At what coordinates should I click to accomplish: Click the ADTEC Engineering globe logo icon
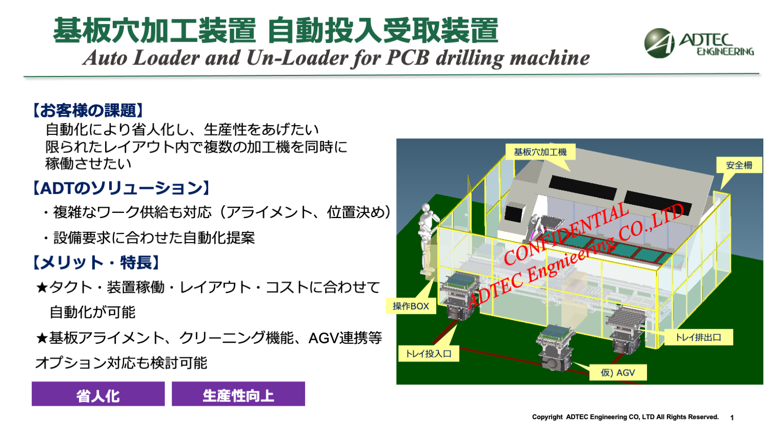tap(659, 43)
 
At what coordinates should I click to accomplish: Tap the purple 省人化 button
tap(98, 394)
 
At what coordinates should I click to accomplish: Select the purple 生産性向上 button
tap(238, 394)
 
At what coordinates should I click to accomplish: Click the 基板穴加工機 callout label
tap(540, 152)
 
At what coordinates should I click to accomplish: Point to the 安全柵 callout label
tap(739, 165)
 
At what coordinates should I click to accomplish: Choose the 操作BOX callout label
tap(411, 306)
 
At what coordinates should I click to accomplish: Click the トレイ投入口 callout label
tap(429, 353)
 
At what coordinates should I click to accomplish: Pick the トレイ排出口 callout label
tap(699, 337)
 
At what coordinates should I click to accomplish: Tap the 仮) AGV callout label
tap(618, 373)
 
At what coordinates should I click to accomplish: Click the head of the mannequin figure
tap(426, 208)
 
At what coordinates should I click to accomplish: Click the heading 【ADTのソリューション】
tap(121, 188)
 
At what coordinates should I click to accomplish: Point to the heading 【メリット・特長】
tap(96, 263)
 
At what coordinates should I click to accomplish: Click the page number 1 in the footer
tap(732, 418)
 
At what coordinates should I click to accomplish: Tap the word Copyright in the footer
tap(547, 417)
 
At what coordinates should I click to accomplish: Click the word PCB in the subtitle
tap(408, 57)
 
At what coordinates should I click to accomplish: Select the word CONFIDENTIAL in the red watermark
tap(566, 233)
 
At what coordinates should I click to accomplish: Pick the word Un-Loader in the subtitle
tap(297, 57)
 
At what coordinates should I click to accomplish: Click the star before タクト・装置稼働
tap(42, 288)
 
